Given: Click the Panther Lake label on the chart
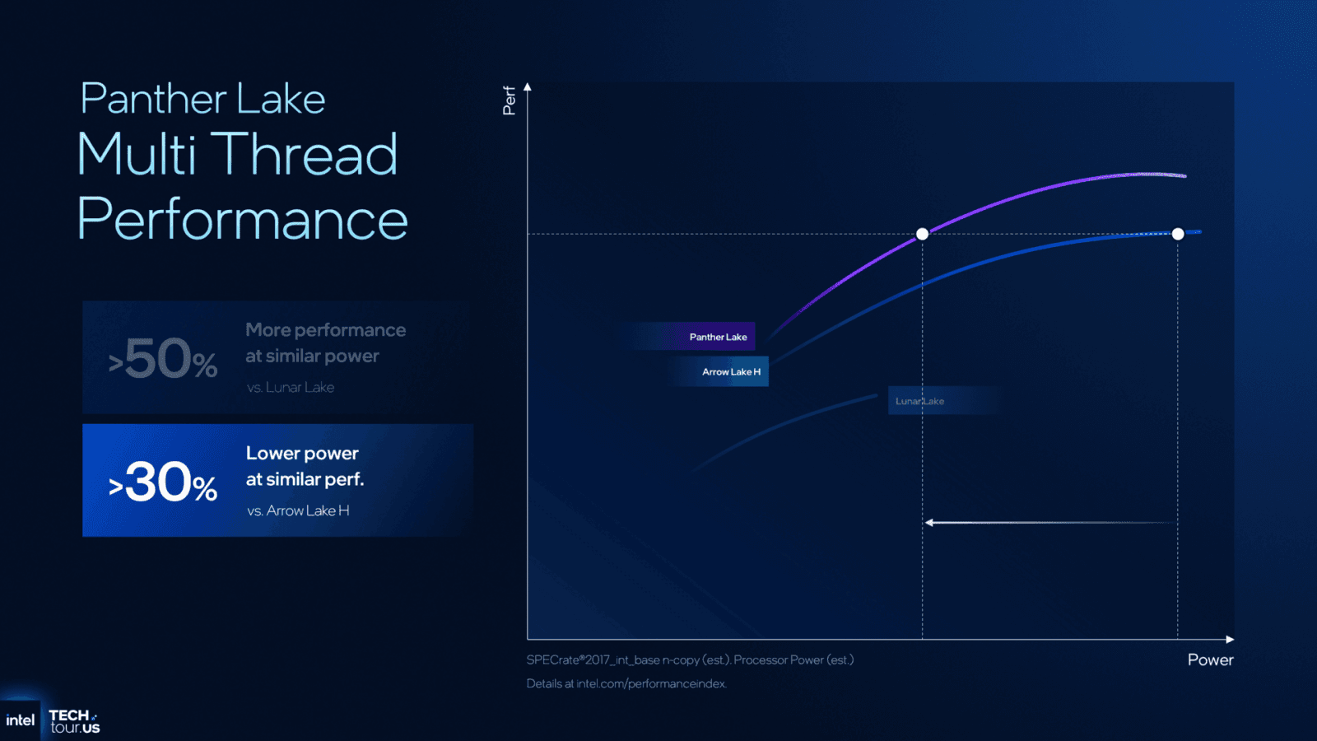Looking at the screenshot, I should [718, 337].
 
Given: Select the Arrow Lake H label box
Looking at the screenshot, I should [730, 371].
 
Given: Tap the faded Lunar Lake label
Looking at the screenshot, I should [920, 401].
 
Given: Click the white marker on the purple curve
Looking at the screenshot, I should [922, 234].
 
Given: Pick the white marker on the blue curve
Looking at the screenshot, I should [1178, 234].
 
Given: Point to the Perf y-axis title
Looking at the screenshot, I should [509, 100].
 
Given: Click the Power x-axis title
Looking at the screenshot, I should [1210, 659].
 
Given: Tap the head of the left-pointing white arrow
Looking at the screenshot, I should [929, 522].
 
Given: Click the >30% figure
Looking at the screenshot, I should [163, 482].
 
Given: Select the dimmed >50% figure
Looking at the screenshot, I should [163, 360].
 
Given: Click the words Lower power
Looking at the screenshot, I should [302, 453].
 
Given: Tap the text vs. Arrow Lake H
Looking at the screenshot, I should [298, 510].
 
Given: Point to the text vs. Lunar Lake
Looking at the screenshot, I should [291, 387].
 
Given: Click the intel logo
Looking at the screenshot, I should [20, 720].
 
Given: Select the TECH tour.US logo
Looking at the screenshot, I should [74, 721].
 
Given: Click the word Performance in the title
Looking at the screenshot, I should [242, 219].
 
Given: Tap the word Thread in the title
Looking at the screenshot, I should [306, 154].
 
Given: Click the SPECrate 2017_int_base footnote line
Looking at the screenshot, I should [690, 659].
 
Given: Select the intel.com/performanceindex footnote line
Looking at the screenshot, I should [626, 683].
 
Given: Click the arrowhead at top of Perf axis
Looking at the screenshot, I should [528, 86].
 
